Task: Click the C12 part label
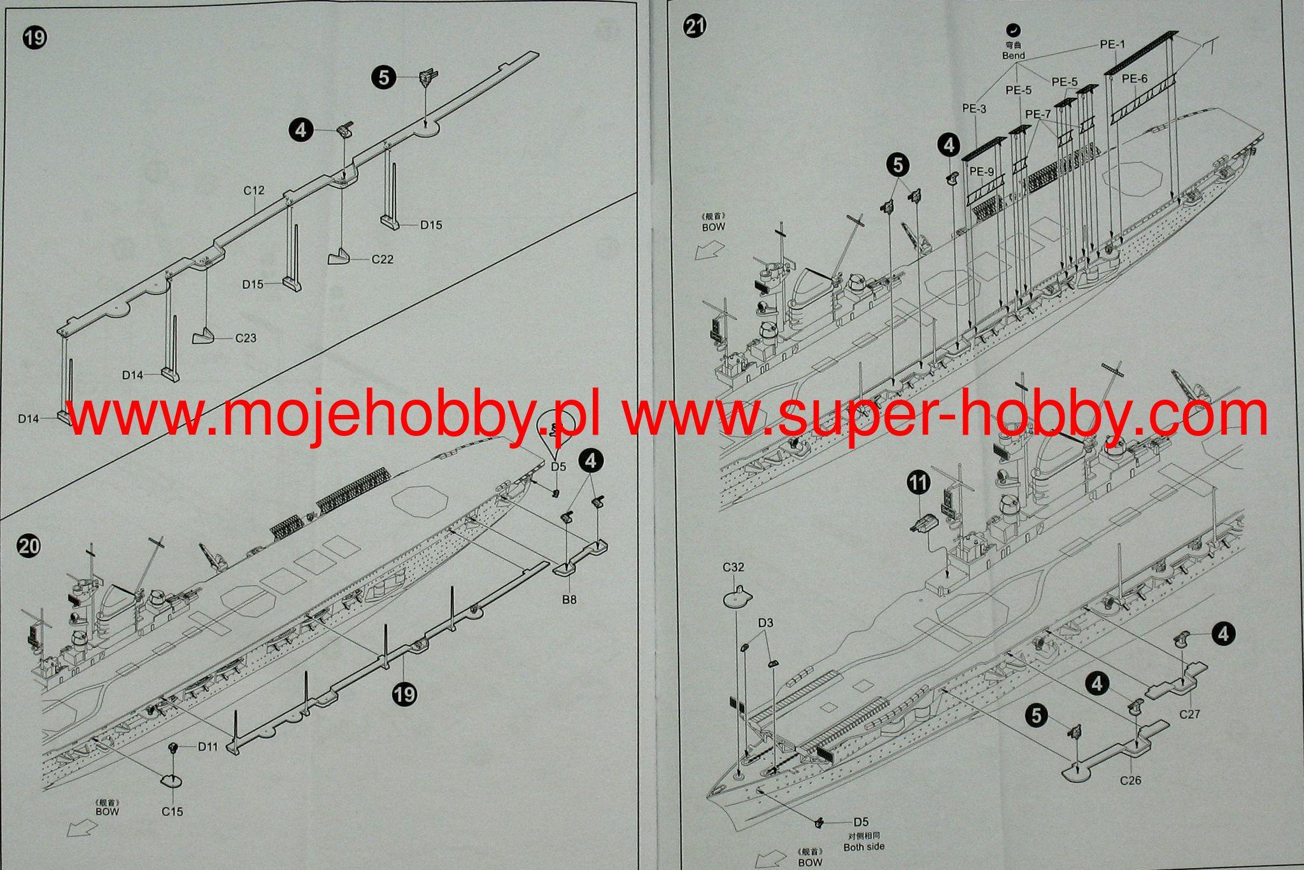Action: click(253, 190)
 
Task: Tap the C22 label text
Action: click(383, 259)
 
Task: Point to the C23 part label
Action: click(246, 337)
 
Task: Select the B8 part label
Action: click(569, 599)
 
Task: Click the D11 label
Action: click(208, 746)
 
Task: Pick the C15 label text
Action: click(172, 811)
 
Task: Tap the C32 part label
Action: click(733, 567)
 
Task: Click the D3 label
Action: click(765, 623)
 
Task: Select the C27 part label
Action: click(1189, 714)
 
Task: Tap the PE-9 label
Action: click(981, 171)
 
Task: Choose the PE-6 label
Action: click(1134, 79)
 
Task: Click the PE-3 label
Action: click(974, 109)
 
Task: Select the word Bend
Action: click(1013, 55)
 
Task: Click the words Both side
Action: click(864, 846)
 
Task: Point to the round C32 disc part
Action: click(737, 598)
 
